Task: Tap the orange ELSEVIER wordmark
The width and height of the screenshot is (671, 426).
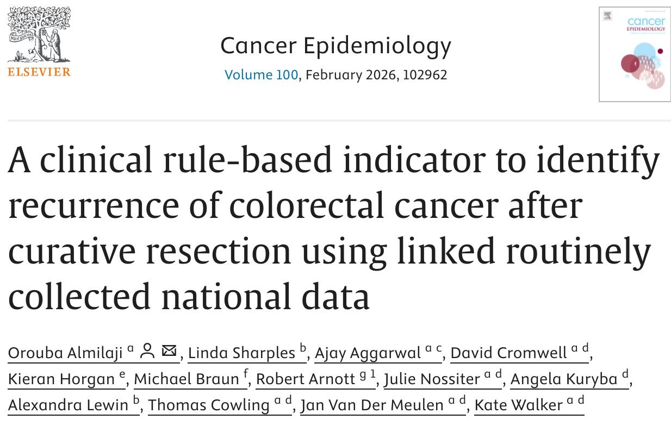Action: click(x=39, y=72)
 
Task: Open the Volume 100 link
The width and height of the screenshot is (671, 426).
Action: click(x=261, y=74)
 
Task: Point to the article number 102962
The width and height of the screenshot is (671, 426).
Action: click(x=424, y=74)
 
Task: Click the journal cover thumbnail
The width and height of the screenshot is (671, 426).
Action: click(x=634, y=54)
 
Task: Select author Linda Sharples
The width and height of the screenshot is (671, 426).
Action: click(x=241, y=353)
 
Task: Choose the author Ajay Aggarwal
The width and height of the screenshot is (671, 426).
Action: click(x=368, y=353)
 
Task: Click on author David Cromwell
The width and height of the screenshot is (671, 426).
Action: click(x=509, y=353)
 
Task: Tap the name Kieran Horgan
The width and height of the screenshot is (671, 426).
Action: click(x=61, y=379)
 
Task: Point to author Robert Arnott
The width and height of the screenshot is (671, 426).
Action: click(x=306, y=379)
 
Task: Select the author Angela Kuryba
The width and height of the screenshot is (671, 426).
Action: click(x=564, y=379)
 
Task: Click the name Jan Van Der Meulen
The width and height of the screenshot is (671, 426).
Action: click(x=373, y=405)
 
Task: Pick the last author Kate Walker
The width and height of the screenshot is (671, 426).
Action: click(x=519, y=405)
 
